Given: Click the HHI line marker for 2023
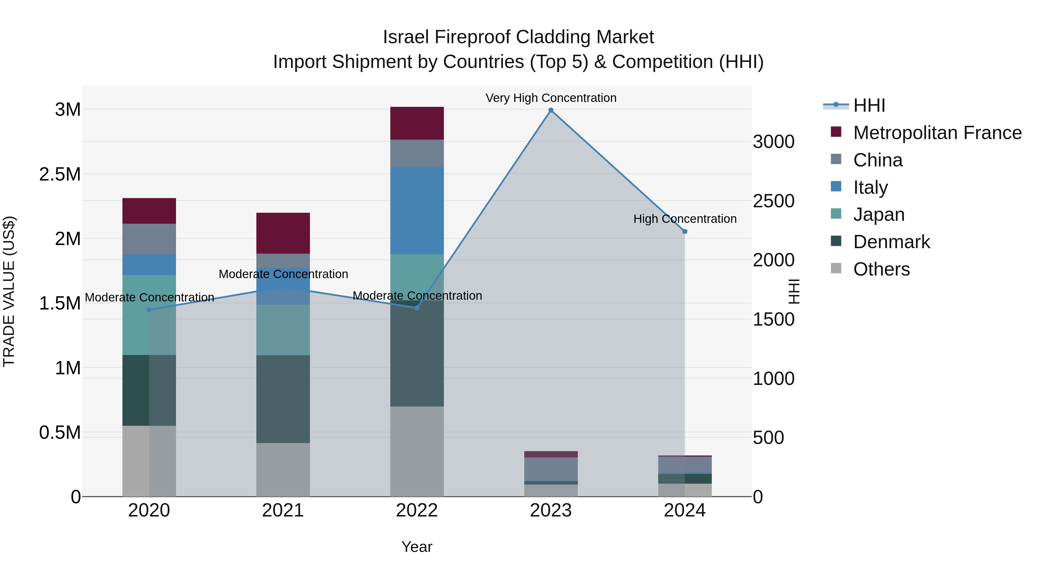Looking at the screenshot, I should click(551, 110).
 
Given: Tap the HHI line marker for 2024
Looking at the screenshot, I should click(685, 232).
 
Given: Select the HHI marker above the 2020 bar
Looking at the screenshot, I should click(149, 310).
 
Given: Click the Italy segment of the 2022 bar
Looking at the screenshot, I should click(417, 210).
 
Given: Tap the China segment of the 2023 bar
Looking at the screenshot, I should click(551, 469).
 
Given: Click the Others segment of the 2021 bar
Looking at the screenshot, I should click(283, 470).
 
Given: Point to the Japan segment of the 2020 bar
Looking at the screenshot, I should click(149, 315).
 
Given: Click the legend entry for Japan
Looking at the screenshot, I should click(879, 214).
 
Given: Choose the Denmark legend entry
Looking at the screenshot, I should click(891, 242).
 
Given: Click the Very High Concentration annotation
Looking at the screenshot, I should click(551, 98).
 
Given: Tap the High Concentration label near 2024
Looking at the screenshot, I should click(685, 219).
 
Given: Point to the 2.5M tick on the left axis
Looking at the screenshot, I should click(60, 174).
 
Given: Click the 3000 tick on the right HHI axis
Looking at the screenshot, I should click(773, 142).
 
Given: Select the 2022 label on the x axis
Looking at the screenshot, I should click(417, 510).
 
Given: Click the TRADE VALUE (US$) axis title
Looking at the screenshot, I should click(9, 291).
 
